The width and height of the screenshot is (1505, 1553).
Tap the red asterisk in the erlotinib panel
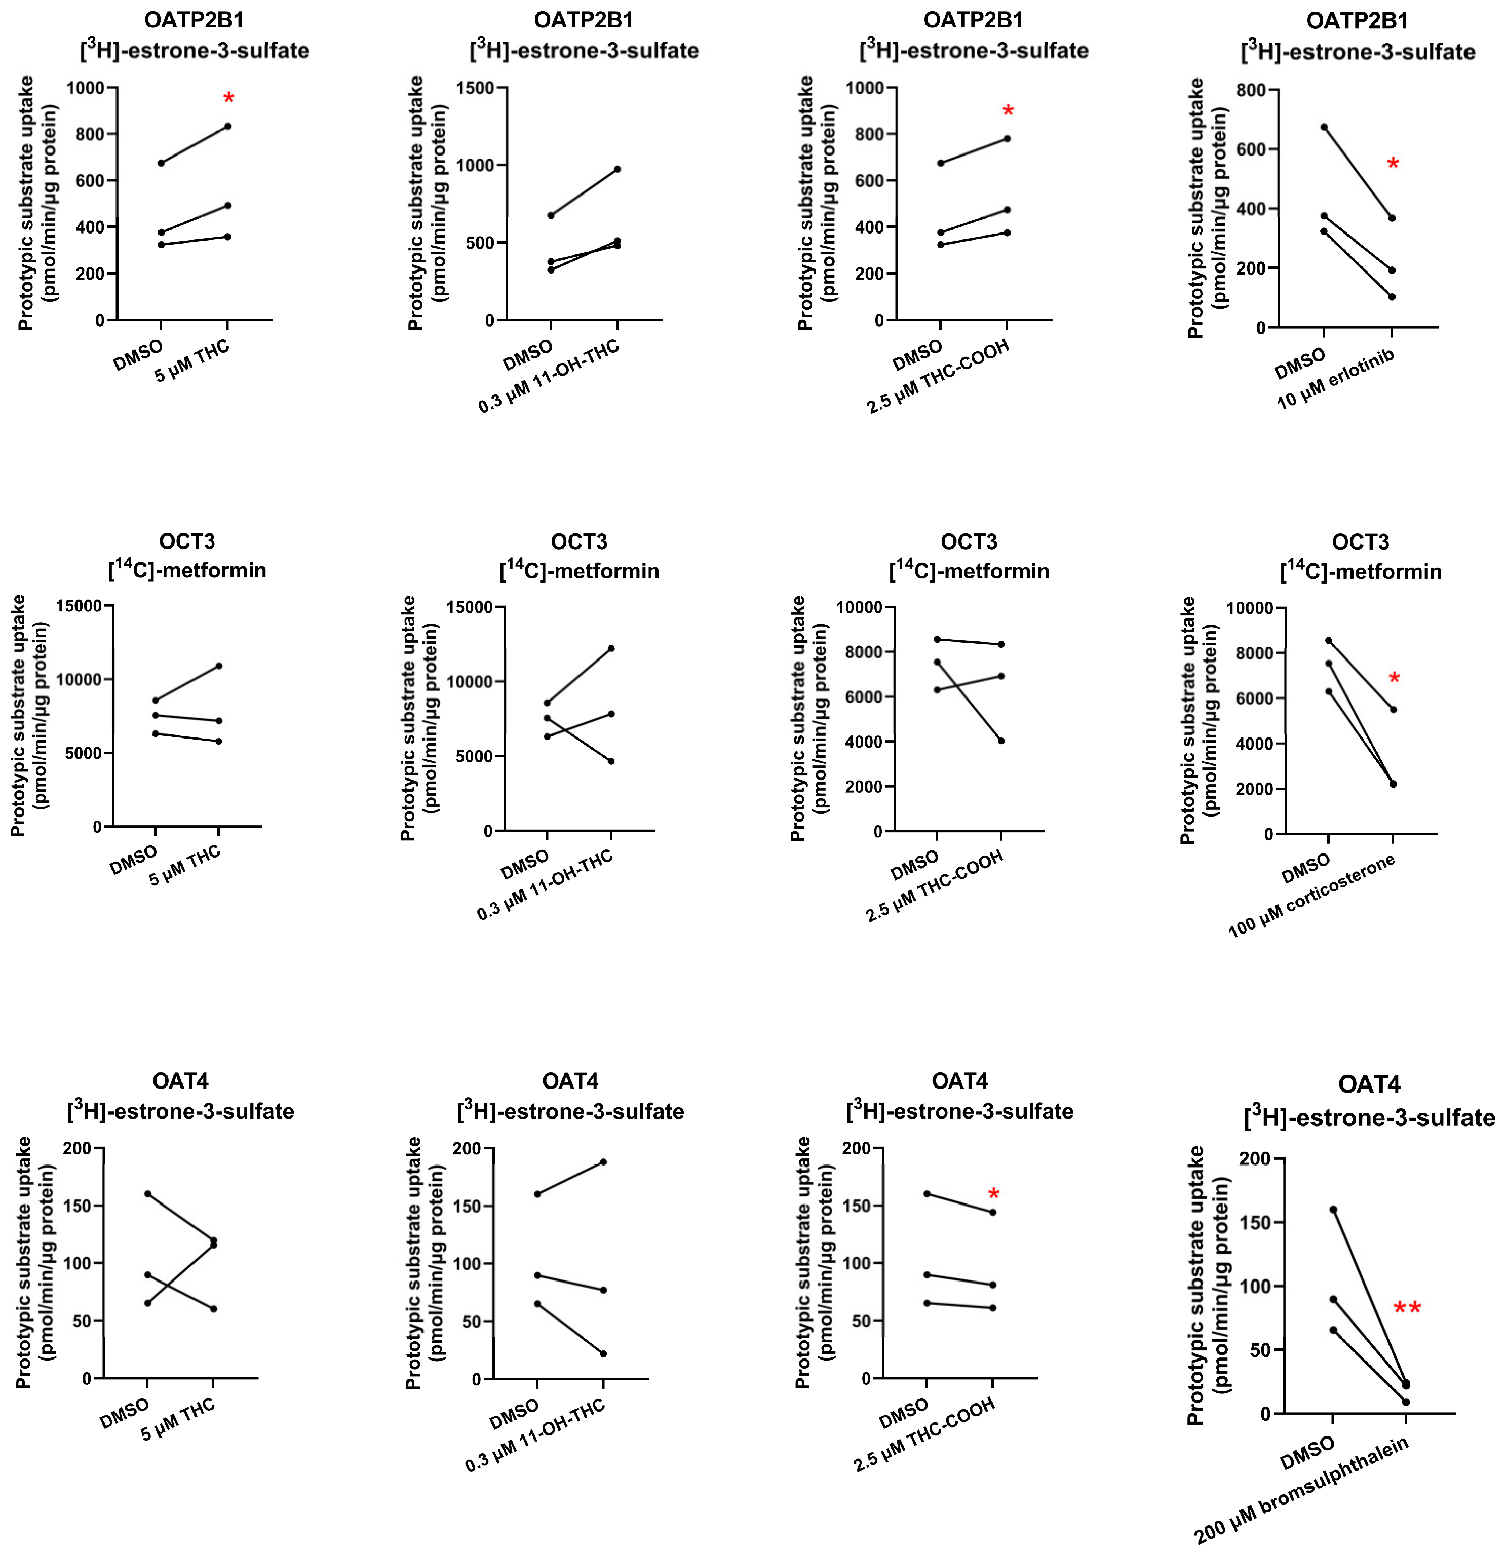tap(1393, 164)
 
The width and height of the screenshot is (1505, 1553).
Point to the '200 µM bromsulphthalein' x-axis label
tap(1301, 1490)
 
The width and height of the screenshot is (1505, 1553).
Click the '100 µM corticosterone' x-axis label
tap(1311, 896)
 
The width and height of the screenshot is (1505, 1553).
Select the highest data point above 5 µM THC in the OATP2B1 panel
tap(227, 126)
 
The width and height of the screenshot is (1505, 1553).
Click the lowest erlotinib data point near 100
tap(1392, 297)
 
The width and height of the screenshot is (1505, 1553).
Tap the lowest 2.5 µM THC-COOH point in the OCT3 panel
tap(1001, 741)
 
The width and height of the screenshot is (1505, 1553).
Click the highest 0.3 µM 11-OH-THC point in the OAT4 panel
tap(603, 1162)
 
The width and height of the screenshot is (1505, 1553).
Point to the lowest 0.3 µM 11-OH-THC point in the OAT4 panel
tap(603, 1354)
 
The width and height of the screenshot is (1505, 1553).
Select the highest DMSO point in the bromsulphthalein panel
tap(1333, 1209)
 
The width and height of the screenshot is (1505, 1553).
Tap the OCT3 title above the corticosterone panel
tap(1360, 542)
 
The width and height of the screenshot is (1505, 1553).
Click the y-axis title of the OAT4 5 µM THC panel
tap(35, 1264)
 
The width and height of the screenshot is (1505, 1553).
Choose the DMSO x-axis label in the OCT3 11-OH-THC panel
tap(525, 865)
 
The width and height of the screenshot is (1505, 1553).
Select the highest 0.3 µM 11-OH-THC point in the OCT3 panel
tap(610, 648)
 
